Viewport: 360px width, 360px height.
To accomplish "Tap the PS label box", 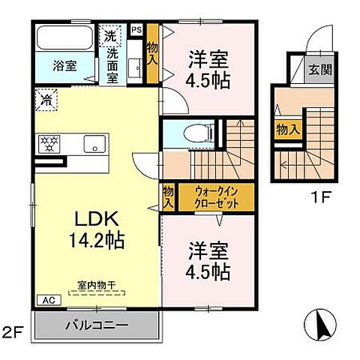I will [x=136, y=30].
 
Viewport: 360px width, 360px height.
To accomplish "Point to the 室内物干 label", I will [x=97, y=285].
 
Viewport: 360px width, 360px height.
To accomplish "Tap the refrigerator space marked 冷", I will [x=46, y=99].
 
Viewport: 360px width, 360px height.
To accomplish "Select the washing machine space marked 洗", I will [x=110, y=35].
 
